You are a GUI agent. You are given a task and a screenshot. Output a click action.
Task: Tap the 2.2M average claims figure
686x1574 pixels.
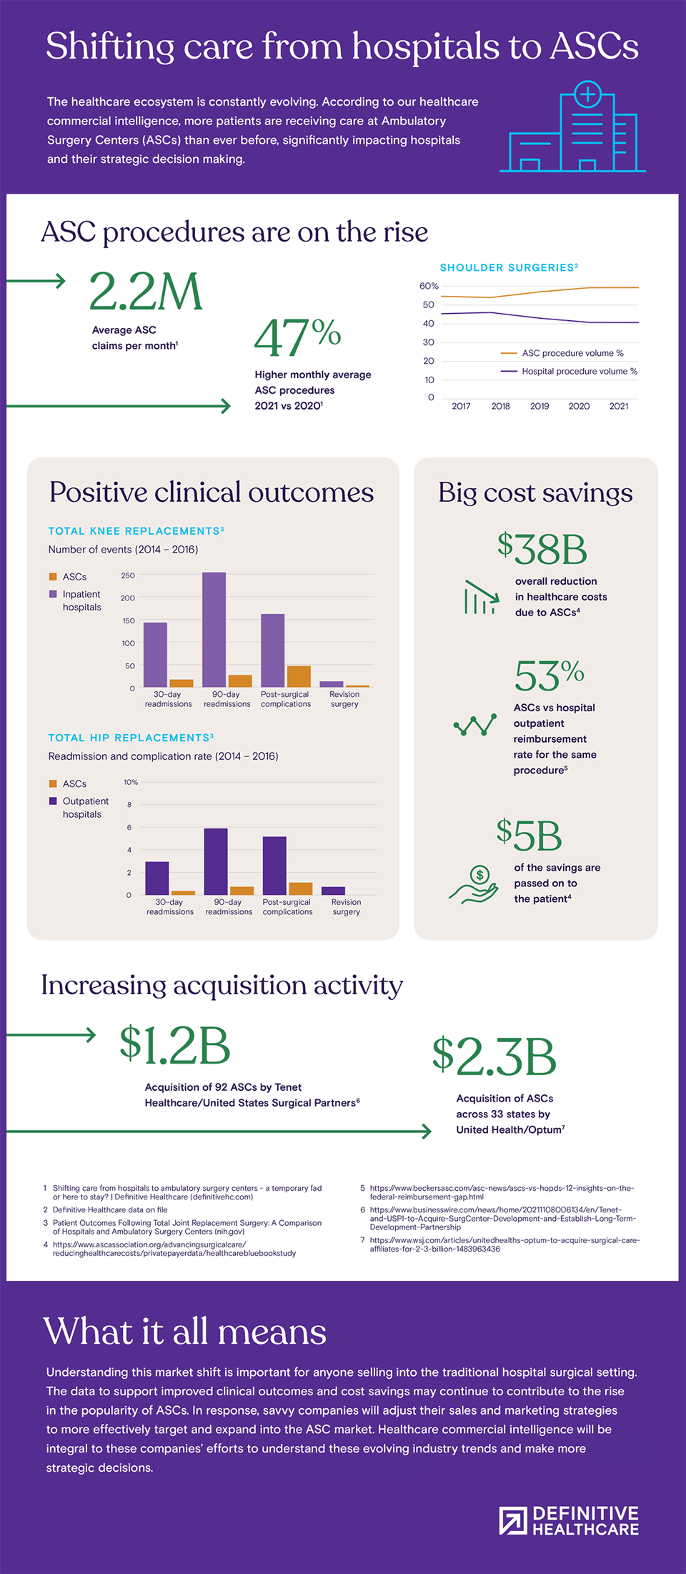click(x=146, y=292)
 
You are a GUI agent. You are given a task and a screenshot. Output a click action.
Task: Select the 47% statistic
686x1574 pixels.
click(x=297, y=337)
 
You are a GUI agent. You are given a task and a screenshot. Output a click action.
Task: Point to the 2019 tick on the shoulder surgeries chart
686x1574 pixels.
click(x=540, y=406)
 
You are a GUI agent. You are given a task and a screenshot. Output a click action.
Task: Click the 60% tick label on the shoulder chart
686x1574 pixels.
click(x=429, y=286)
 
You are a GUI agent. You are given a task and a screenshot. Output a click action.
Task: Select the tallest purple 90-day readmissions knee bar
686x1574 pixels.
click(x=214, y=629)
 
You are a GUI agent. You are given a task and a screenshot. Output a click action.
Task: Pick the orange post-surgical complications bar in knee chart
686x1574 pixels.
click(x=299, y=676)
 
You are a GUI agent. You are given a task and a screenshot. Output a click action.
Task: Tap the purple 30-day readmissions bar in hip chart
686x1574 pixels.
click(x=157, y=878)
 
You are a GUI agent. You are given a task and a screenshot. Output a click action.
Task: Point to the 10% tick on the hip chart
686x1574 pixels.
click(x=131, y=782)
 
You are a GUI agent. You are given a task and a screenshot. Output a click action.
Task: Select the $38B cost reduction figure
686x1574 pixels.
click(x=542, y=549)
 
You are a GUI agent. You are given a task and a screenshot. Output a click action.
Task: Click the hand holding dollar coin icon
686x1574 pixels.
click(x=474, y=885)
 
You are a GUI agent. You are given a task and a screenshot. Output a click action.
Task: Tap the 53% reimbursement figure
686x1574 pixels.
click(x=549, y=675)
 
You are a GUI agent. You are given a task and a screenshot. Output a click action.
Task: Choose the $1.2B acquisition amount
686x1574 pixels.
click(x=175, y=1045)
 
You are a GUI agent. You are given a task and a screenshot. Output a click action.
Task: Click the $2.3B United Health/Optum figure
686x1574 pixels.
click(x=494, y=1056)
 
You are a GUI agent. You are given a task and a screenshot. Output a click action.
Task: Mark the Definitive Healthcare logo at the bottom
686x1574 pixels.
click(x=570, y=1521)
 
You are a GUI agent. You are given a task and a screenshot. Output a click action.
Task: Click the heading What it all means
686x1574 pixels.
click(x=184, y=1332)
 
